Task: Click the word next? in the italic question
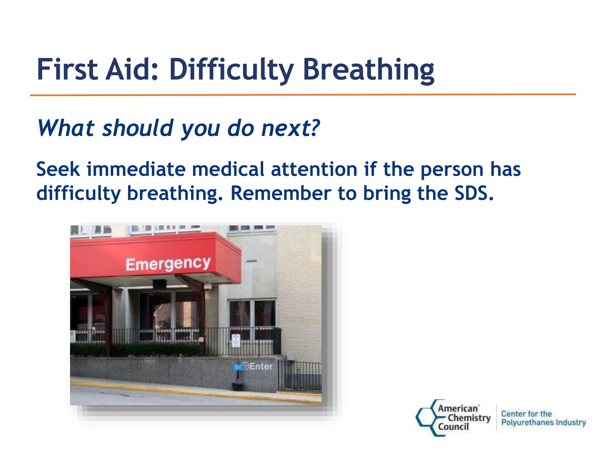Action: click(x=290, y=128)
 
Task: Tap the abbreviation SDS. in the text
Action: click(x=474, y=193)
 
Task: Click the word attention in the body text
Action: click(x=314, y=169)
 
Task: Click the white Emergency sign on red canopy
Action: click(x=168, y=264)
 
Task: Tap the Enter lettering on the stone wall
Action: click(x=261, y=366)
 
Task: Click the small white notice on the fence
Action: click(x=236, y=341)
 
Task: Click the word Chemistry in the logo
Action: click(x=469, y=418)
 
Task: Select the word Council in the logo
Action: click(x=453, y=427)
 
